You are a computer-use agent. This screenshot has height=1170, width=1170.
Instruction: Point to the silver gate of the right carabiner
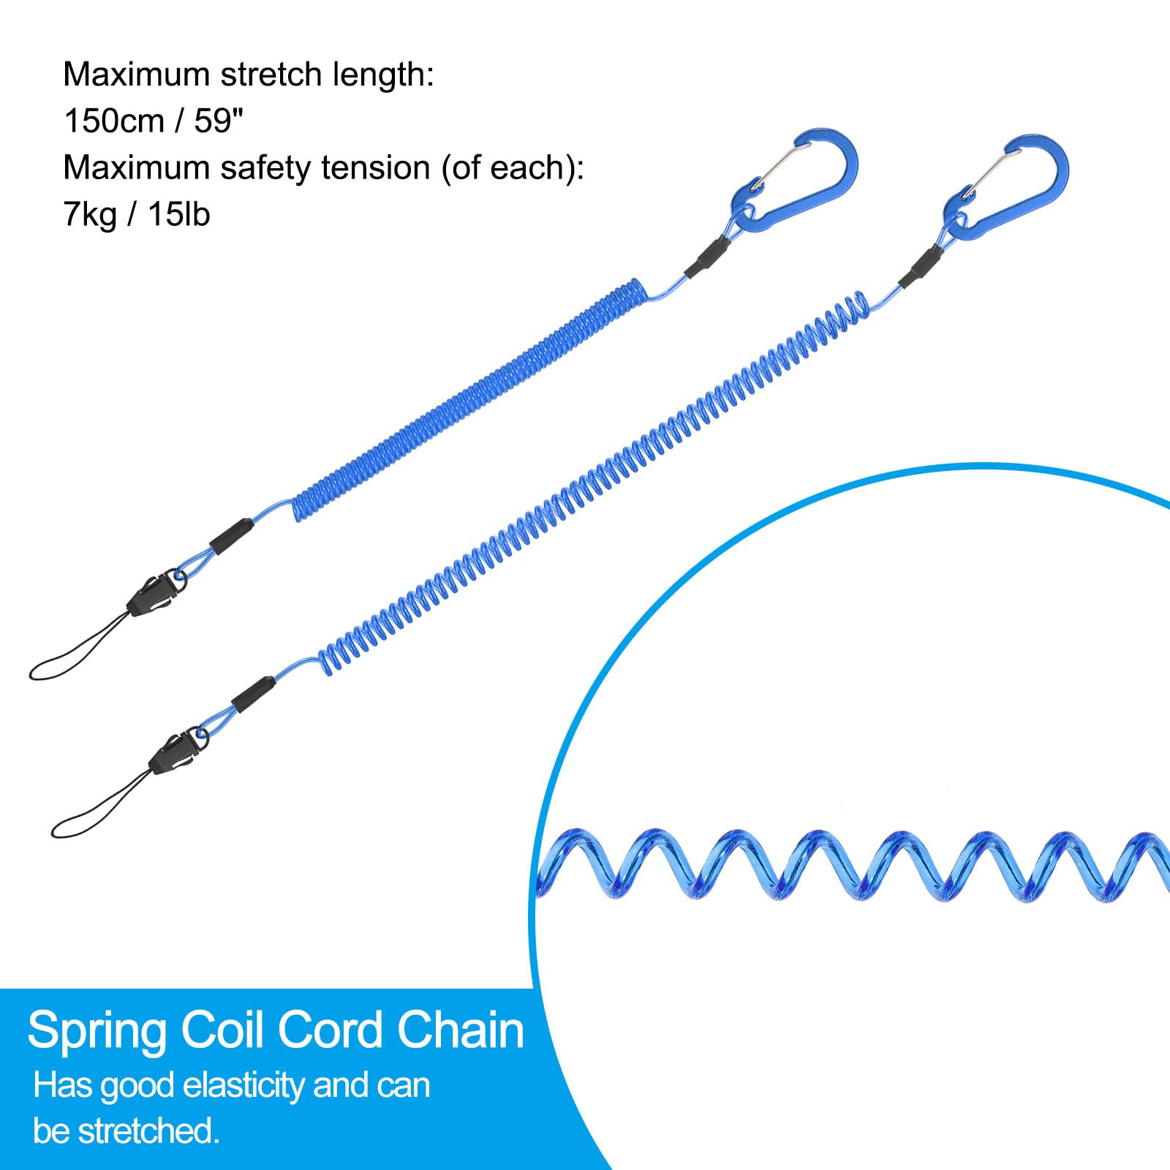coord(992,173)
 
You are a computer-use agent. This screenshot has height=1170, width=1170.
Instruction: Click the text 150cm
coord(113,121)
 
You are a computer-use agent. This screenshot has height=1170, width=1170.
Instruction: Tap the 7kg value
coord(89,215)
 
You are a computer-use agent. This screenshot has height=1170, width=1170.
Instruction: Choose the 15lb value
coord(179,214)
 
